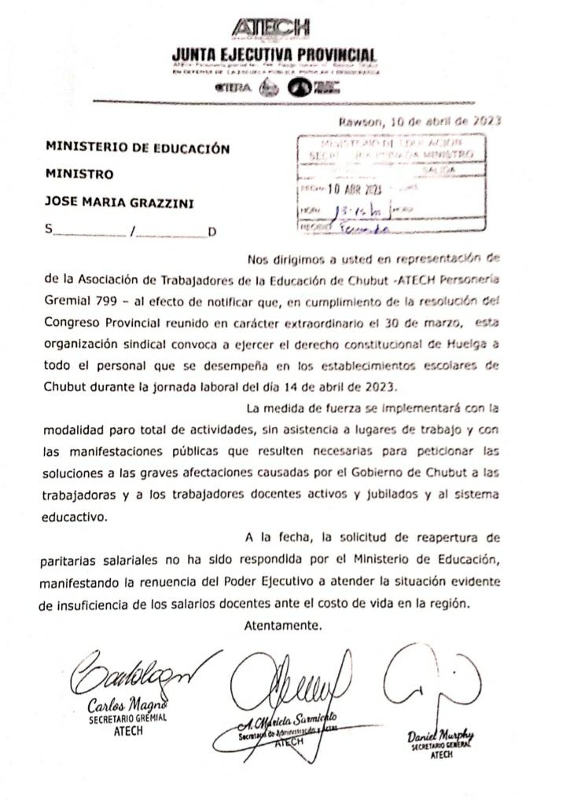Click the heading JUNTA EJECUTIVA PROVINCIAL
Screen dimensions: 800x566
(x=274, y=56)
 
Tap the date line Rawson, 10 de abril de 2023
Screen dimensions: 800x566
(x=420, y=122)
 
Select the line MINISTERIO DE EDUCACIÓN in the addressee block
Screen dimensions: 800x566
(x=138, y=148)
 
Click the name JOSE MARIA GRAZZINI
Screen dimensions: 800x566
(x=119, y=203)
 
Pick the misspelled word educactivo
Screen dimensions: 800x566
(x=75, y=517)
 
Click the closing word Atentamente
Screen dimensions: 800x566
(x=284, y=626)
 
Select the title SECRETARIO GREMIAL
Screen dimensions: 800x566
(x=128, y=718)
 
